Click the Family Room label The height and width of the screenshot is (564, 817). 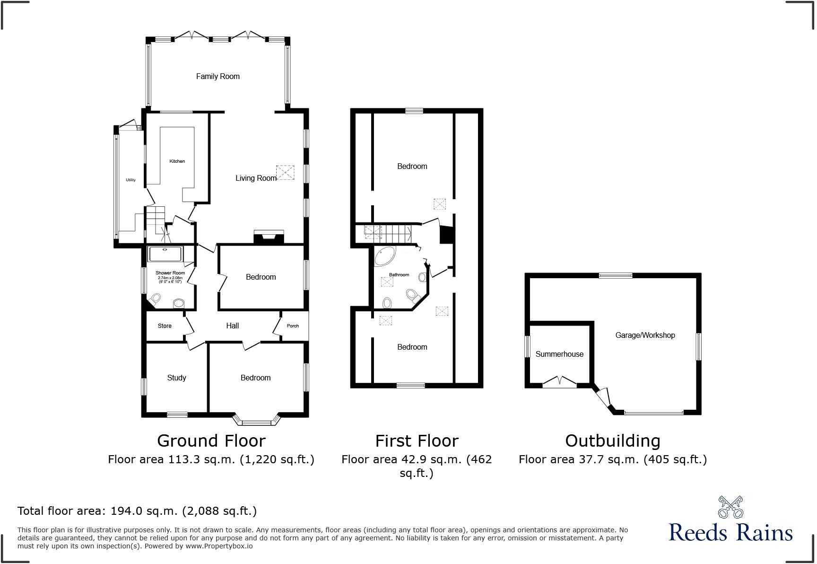pos(217,76)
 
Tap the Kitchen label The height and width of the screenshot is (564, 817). pos(177,161)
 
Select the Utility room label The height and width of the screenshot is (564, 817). pos(130,180)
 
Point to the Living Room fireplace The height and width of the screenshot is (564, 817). pos(269,237)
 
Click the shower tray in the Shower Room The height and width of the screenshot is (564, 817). pos(165,254)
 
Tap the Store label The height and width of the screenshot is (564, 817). pos(165,326)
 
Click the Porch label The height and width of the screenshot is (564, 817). pos(293,326)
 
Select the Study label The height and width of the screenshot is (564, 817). pos(176,378)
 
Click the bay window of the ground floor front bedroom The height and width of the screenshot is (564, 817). pos(258,420)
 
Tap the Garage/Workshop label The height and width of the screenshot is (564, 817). pos(645,335)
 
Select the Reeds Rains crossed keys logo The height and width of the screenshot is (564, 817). pos(730,507)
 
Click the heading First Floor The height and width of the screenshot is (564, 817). pos(417,441)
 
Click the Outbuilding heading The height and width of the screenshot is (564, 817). pos(612,441)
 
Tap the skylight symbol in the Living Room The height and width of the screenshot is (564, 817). pos(285,172)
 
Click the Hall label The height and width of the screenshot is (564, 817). pos(232,326)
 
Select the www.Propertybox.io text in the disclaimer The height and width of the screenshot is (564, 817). pos(218,546)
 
